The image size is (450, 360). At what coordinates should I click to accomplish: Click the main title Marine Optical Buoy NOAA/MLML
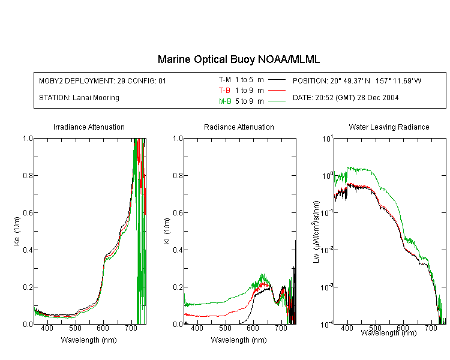point(238,59)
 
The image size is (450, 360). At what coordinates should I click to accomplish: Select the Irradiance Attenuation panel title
point(89,127)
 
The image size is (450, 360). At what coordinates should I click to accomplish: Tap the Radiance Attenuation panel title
point(239,127)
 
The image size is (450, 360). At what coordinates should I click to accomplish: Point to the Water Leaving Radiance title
point(389,127)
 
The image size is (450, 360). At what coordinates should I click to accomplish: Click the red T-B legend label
point(224,91)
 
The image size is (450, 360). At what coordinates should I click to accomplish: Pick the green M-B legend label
point(225,101)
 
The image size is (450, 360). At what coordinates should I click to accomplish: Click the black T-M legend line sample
point(277,80)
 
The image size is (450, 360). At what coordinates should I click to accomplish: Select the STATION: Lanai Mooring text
point(79,98)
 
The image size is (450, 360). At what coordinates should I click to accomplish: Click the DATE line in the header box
point(346,98)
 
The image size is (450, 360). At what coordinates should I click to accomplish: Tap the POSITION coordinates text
point(357,80)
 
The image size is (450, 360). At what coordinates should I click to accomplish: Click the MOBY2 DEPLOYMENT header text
point(103,80)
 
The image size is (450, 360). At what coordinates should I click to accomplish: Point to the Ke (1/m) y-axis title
point(17,232)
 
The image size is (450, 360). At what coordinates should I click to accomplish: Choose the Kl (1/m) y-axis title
point(167,232)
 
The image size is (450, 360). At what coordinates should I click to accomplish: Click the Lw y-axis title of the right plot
point(316,232)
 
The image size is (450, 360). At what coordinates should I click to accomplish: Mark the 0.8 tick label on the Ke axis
point(28,175)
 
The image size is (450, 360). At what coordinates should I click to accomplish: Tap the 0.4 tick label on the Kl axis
point(178,250)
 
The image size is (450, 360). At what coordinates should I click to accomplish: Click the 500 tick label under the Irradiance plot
point(75,328)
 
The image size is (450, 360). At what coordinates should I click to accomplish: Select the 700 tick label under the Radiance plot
point(281,328)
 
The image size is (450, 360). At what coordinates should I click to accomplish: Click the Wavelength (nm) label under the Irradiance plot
point(89,340)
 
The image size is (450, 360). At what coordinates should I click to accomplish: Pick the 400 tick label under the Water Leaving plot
point(347,328)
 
